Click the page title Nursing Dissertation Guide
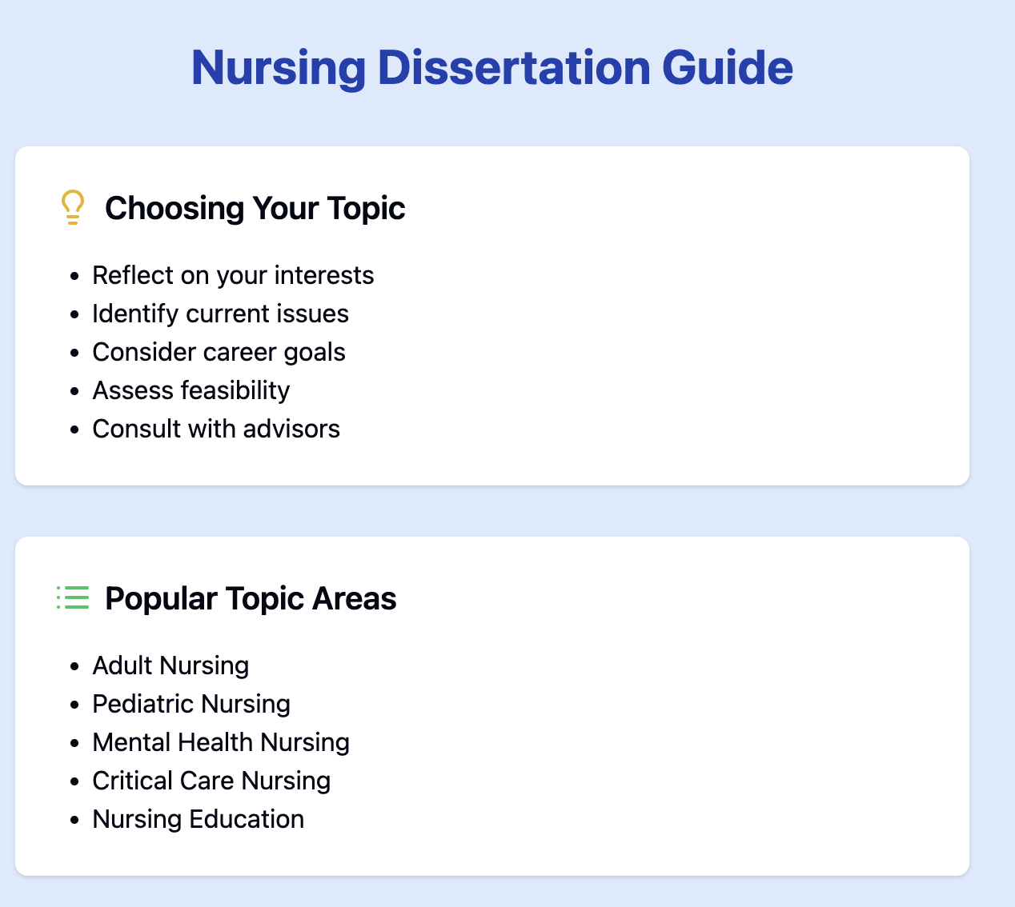coord(491,68)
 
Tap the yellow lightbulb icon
coord(73,207)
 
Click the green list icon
coord(73,597)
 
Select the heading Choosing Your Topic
coord(255,208)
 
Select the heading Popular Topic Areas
coord(251,598)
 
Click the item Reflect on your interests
coord(233,275)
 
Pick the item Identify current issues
coord(220,314)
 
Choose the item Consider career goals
coord(219,352)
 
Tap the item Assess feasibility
coord(191,390)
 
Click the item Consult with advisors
coord(216,429)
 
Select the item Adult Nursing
coord(171,665)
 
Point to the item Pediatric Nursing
coord(191,704)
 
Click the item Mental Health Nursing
coord(221,742)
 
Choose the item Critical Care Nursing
coord(211,781)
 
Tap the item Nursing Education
coord(198,819)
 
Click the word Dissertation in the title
coord(513,68)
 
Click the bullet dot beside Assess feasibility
coord(75,391)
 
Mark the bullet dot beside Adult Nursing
coord(75,666)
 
